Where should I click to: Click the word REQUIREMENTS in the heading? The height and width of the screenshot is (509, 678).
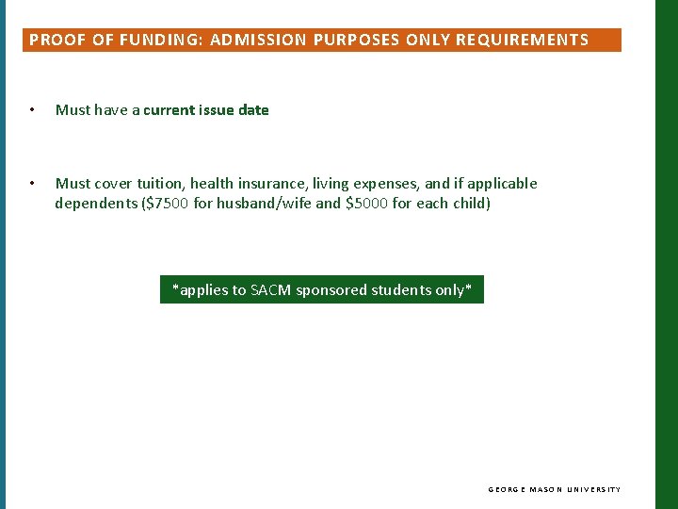click(x=522, y=40)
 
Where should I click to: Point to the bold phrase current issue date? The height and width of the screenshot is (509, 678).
click(x=206, y=110)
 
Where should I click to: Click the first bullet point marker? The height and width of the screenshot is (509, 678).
click(x=32, y=110)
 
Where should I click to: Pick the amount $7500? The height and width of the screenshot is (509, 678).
click(x=166, y=204)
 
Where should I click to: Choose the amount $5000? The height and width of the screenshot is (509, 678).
click(x=369, y=204)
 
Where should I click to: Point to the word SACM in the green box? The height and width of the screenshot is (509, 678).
click(x=270, y=290)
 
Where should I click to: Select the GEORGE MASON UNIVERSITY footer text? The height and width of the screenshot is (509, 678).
click(x=554, y=490)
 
